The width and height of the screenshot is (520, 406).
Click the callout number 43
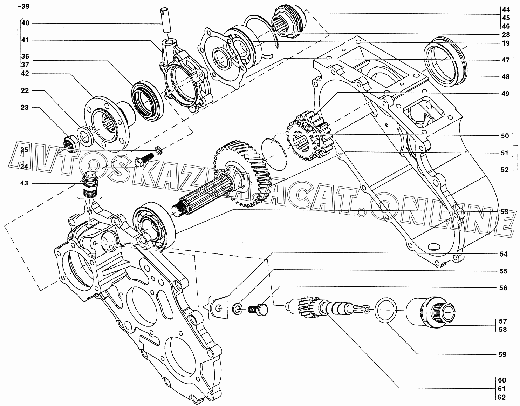coord(24,183)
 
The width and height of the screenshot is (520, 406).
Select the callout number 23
coord(25,108)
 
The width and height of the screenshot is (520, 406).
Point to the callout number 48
coord(505,77)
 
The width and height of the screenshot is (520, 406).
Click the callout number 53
coord(504,212)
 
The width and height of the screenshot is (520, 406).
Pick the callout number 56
coord(503,288)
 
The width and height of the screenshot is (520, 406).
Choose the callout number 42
coord(25,74)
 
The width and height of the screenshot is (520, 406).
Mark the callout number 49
coord(505,94)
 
